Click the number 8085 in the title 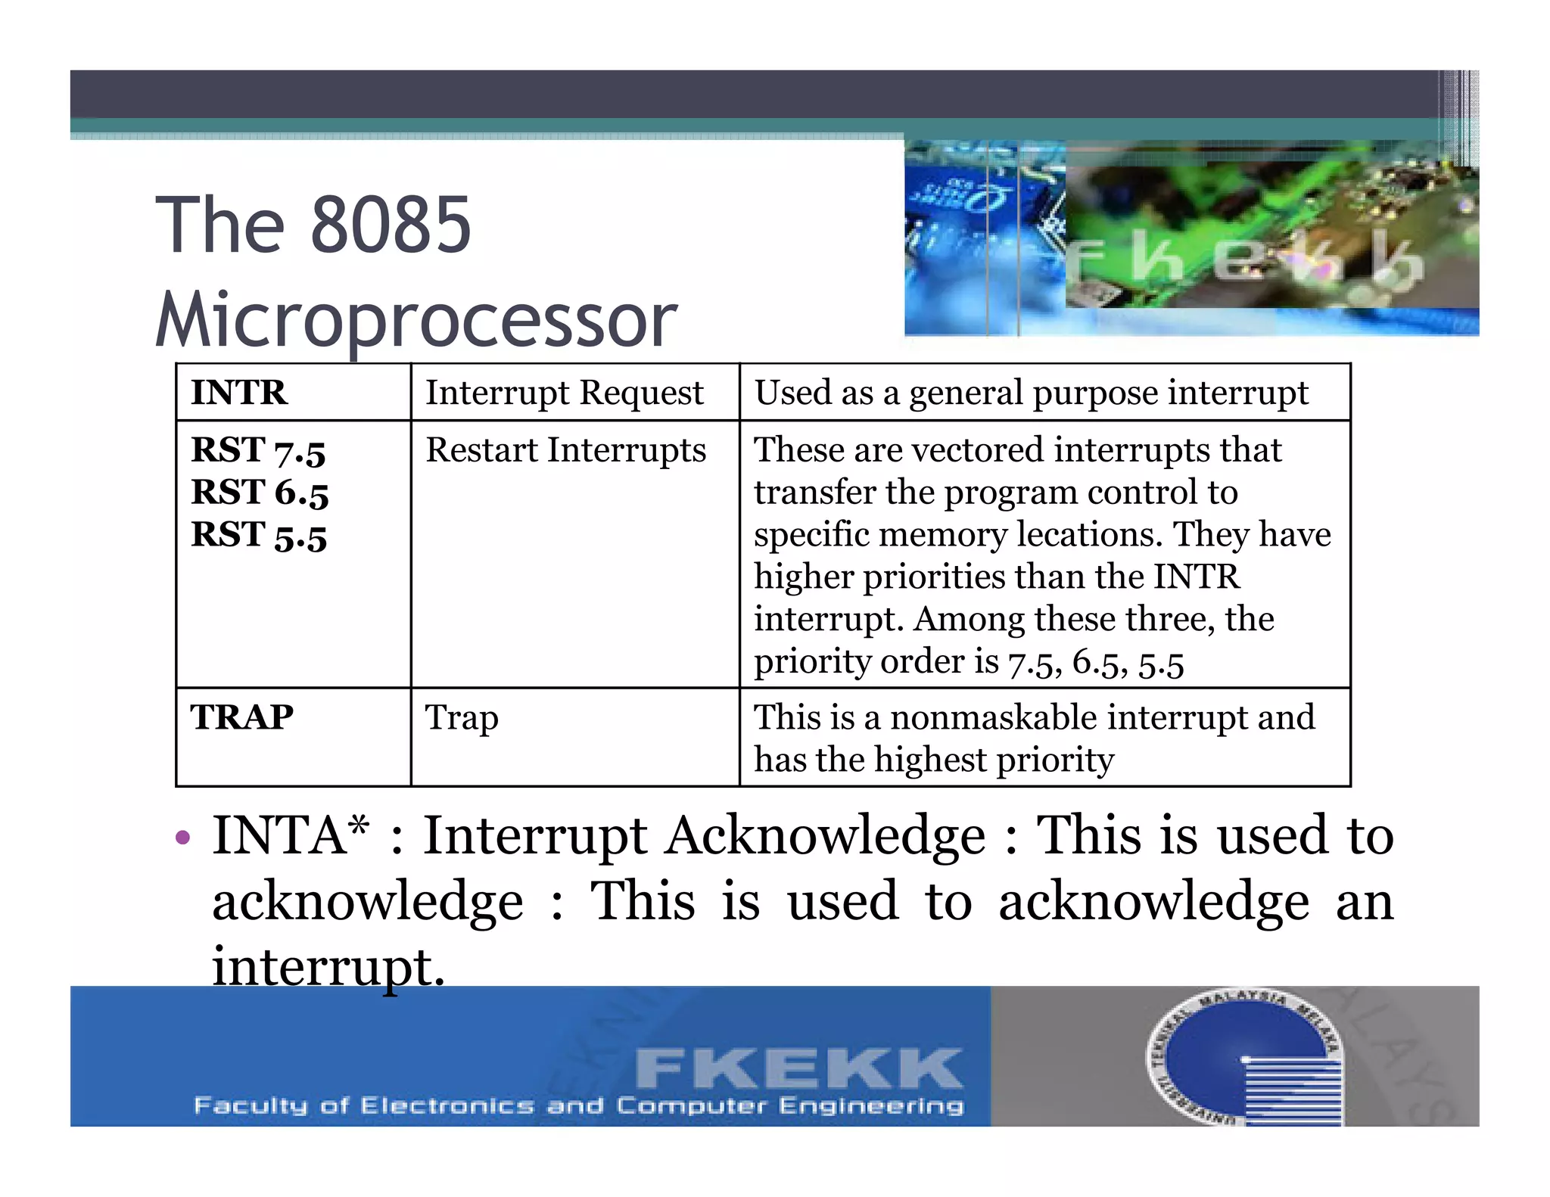pyautogui.click(x=391, y=225)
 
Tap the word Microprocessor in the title pyautogui.click(x=416, y=320)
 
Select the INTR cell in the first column pyautogui.click(x=239, y=393)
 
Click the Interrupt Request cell pyautogui.click(x=565, y=393)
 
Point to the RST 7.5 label pyautogui.click(x=258, y=450)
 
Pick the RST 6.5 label pyautogui.click(x=260, y=493)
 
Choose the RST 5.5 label pyautogui.click(x=259, y=535)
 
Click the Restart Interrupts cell pyautogui.click(x=565, y=450)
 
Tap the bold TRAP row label pyautogui.click(x=242, y=717)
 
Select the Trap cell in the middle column pyautogui.click(x=462, y=717)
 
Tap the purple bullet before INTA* pyautogui.click(x=182, y=838)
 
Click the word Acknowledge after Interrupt pyautogui.click(x=825, y=837)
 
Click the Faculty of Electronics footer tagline pyautogui.click(x=579, y=1105)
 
